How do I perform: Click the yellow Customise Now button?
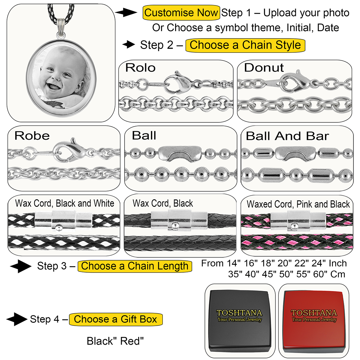click(181, 13)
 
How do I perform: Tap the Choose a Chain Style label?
click(245, 45)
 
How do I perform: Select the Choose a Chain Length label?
click(135, 266)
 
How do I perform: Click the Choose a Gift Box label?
click(116, 319)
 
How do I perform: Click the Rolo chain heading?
click(140, 68)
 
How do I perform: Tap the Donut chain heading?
click(264, 68)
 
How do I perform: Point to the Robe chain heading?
click(32, 136)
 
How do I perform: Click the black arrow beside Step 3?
click(21, 266)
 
